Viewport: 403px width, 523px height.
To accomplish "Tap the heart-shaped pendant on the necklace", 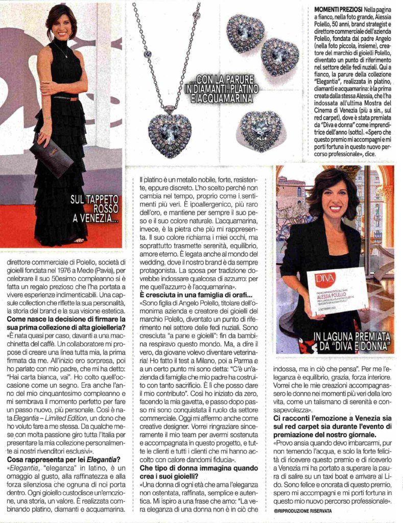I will (x=170, y=131).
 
